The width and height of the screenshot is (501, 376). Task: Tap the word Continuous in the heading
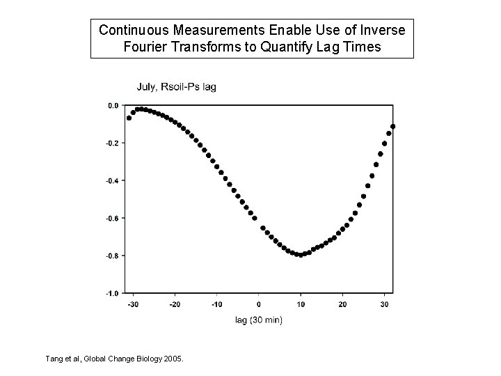132,31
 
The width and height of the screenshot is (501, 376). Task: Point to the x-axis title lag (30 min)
258,320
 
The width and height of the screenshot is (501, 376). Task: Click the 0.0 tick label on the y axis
111,106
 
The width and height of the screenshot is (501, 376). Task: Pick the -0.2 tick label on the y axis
111,143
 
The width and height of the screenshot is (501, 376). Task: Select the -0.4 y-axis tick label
111,180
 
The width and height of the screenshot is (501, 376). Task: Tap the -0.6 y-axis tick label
111,218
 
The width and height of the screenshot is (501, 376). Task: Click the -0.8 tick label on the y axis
111,256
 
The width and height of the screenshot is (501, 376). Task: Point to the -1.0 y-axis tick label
111,292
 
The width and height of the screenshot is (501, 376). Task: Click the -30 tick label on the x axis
132,304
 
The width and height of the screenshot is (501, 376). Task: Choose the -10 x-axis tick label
216,304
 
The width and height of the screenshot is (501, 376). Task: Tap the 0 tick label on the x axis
259,304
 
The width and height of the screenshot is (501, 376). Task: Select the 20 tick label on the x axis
342,304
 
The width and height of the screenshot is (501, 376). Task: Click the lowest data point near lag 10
301,255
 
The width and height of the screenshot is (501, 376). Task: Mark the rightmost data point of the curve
393,126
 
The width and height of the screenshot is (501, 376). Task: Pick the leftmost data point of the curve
129,118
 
